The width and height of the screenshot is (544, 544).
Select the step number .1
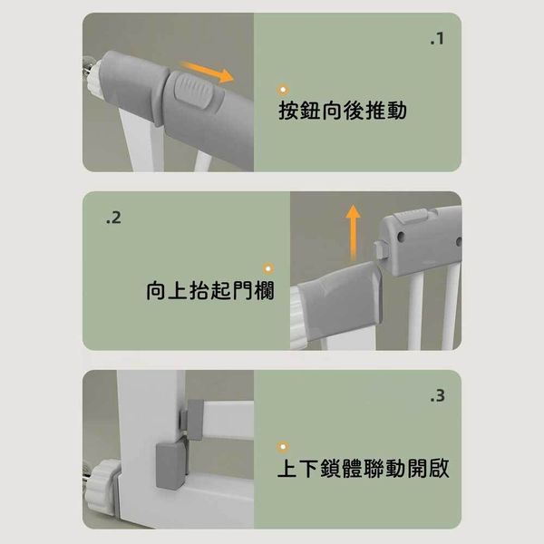tap(437, 39)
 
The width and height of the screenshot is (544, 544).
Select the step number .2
tap(114, 218)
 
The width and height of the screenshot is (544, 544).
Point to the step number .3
tap(437, 396)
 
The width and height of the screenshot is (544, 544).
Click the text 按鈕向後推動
tap(343, 111)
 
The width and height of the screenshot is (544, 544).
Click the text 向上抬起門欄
tap(210, 290)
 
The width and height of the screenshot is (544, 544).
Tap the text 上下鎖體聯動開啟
tap(364, 468)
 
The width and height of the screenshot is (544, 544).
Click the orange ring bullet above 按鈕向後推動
tap(283, 90)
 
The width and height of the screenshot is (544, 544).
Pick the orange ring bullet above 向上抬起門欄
tap(268, 268)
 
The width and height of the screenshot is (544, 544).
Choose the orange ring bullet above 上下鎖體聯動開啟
tap(283, 447)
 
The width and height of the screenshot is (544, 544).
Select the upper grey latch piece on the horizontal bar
tap(191, 419)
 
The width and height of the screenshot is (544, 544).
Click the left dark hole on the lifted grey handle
tap(401, 237)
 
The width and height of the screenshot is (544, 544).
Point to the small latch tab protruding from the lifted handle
tap(380, 249)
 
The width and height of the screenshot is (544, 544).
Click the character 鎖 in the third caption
tap(331, 469)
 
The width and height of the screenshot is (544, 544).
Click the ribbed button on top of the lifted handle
tap(410, 216)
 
